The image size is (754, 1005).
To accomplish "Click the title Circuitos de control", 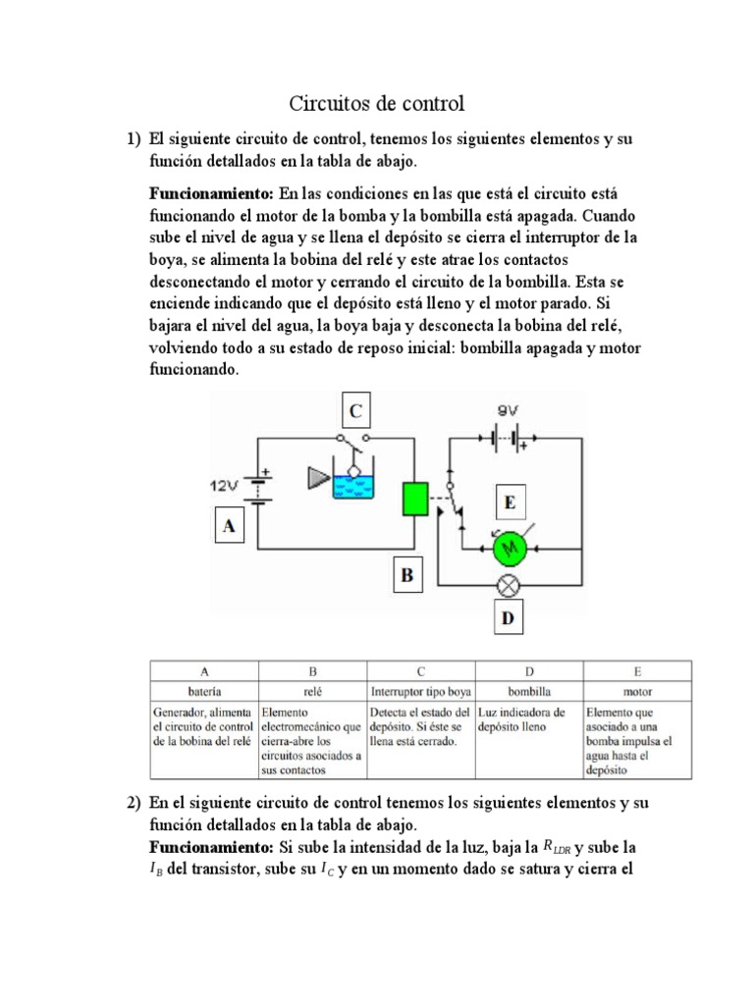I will click(375, 103).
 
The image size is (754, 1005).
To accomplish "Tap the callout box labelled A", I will click(230, 526).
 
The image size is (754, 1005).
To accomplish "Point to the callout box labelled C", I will click(355, 409).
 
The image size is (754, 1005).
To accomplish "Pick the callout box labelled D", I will click(508, 618).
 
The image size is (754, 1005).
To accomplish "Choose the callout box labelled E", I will click(509, 503).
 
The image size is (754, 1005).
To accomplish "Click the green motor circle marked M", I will click(509, 552).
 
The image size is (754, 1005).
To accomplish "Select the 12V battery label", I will click(225, 485).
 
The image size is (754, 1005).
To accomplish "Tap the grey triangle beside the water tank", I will click(317, 478).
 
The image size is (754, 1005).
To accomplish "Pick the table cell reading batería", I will click(203, 692).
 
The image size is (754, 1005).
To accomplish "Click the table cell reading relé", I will click(311, 692).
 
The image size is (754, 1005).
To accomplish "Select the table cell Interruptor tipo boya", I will click(419, 692).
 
